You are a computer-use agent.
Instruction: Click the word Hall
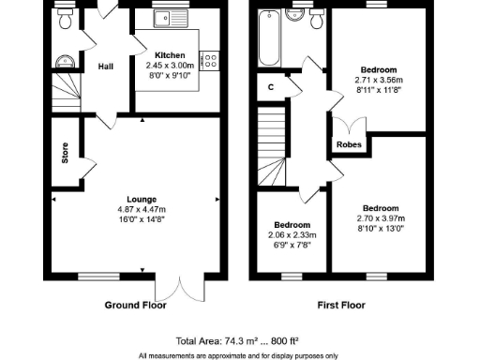point(106,66)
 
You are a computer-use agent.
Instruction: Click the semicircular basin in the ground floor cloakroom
point(63,63)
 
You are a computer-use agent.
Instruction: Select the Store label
point(65,154)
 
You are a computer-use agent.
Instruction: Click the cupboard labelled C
point(270,87)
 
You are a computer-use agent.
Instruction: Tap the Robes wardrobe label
point(350,144)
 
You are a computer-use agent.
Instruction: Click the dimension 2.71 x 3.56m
point(378,81)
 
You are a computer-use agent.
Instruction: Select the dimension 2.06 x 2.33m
point(292,235)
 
